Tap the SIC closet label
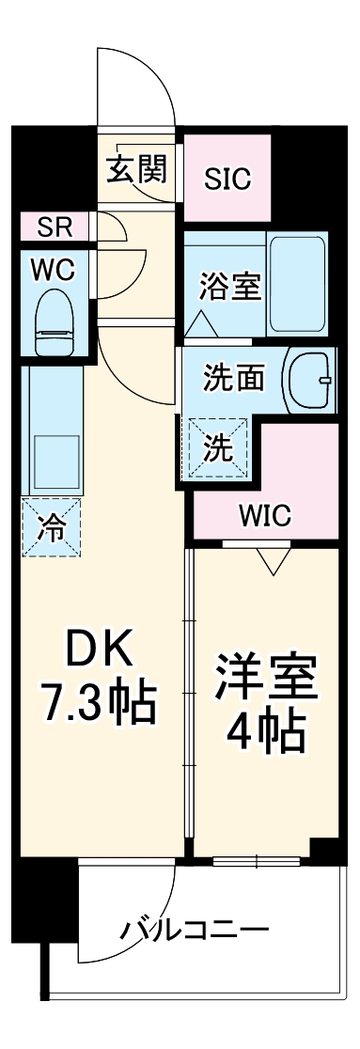point(228,179)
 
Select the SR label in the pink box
point(55,227)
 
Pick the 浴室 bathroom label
point(228,286)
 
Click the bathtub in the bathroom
point(297,283)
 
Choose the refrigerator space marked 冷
point(53,528)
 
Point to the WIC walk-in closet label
point(264,515)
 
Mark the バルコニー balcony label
point(194,932)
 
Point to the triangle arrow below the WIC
point(273,561)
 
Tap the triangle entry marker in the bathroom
point(198,325)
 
